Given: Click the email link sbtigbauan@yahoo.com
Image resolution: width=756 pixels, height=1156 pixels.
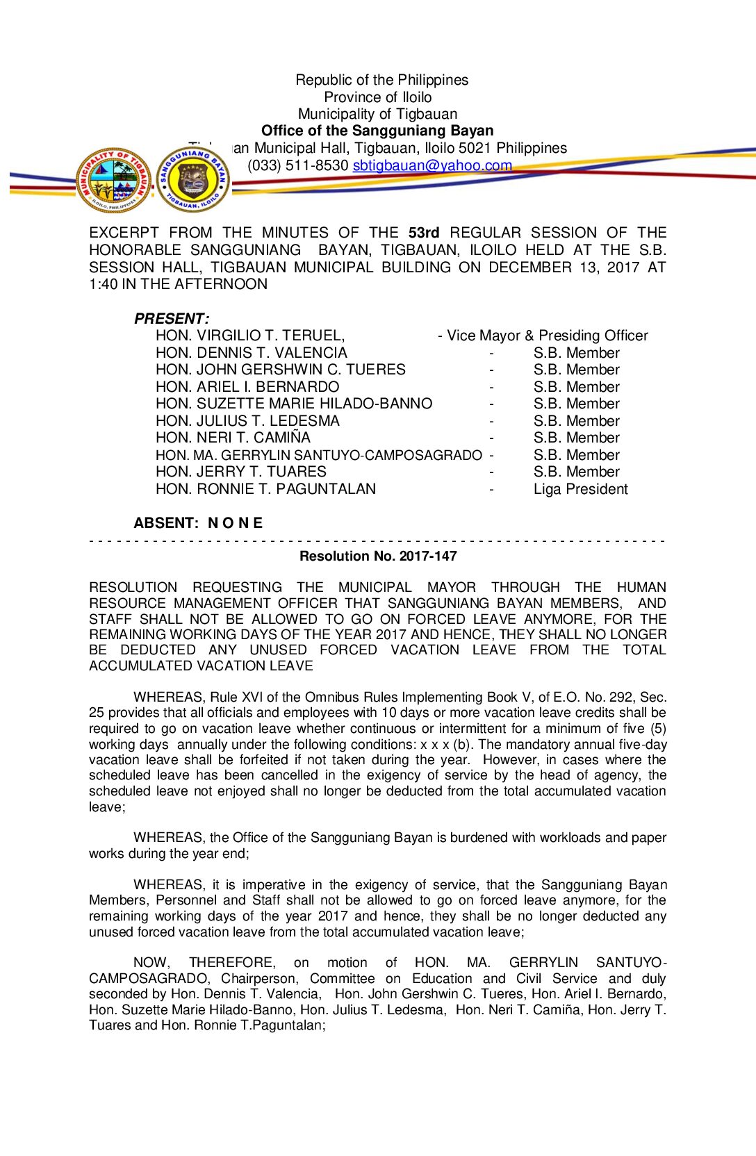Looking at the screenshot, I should click(x=432, y=165).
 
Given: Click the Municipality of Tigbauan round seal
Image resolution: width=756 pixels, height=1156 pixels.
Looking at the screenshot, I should click(x=113, y=180).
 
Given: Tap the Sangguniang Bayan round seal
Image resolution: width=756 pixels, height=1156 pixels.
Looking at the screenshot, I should click(x=192, y=180).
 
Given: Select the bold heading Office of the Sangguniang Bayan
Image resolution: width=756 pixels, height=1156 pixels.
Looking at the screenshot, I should click(x=377, y=131).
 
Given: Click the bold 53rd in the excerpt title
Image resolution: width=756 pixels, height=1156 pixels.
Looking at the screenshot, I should click(x=424, y=233).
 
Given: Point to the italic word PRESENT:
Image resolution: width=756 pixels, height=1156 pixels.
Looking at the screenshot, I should click(x=171, y=319).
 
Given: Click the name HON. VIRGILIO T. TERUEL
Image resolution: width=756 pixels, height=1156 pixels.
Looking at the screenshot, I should click(x=250, y=336).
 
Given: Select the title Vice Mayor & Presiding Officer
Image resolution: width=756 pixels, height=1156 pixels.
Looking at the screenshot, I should click(x=547, y=336).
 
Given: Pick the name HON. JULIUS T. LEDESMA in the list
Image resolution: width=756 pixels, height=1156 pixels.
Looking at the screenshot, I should click(x=247, y=421).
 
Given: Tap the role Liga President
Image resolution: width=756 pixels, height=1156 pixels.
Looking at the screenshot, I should click(x=580, y=489).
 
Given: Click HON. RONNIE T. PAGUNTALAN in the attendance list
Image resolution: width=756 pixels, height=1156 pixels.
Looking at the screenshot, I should click(x=265, y=489).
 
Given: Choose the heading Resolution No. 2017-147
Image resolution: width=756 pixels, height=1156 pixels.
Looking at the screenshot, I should click(x=378, y=556).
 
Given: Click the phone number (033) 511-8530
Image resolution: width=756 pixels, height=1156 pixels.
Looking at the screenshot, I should click(x=298, y=165).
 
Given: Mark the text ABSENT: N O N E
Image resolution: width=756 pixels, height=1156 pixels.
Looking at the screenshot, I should click(x=198, y=523).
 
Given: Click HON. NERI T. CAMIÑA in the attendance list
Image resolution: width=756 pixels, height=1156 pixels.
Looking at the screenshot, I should click(x=233, y=438).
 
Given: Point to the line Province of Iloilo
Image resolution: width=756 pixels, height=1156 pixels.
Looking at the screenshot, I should click(x=377, y=97).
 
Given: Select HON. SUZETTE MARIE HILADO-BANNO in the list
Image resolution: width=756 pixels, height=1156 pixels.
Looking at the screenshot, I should click(x=294, y=404).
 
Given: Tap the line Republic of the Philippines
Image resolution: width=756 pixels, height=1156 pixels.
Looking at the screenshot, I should click(x=381, y=80).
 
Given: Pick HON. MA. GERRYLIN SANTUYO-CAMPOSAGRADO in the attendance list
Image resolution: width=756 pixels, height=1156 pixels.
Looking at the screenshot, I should click(x=318, y=455).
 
